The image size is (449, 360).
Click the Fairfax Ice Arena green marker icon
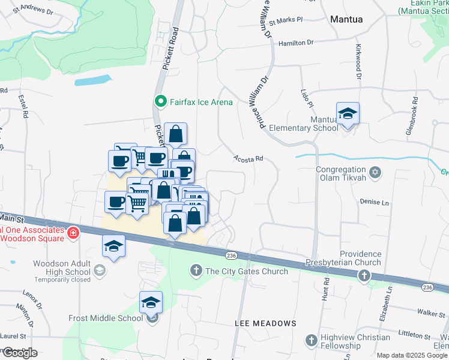[160, 101]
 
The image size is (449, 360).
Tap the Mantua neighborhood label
[346, 19]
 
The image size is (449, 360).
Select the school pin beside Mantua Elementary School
[348, 114]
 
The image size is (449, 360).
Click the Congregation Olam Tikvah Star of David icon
[375, 173]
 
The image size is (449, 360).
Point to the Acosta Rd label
[248, 158]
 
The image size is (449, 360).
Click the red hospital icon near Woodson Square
[73, 232]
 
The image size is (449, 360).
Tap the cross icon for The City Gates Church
[196, 271]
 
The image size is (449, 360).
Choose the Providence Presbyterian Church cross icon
[363, 275]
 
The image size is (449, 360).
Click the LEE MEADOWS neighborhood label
[265, 323]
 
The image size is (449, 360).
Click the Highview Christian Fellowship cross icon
[310, 341]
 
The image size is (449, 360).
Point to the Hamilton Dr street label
[296, 43]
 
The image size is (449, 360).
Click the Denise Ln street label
[374, 203]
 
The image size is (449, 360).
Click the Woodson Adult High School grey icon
[100, 271]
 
